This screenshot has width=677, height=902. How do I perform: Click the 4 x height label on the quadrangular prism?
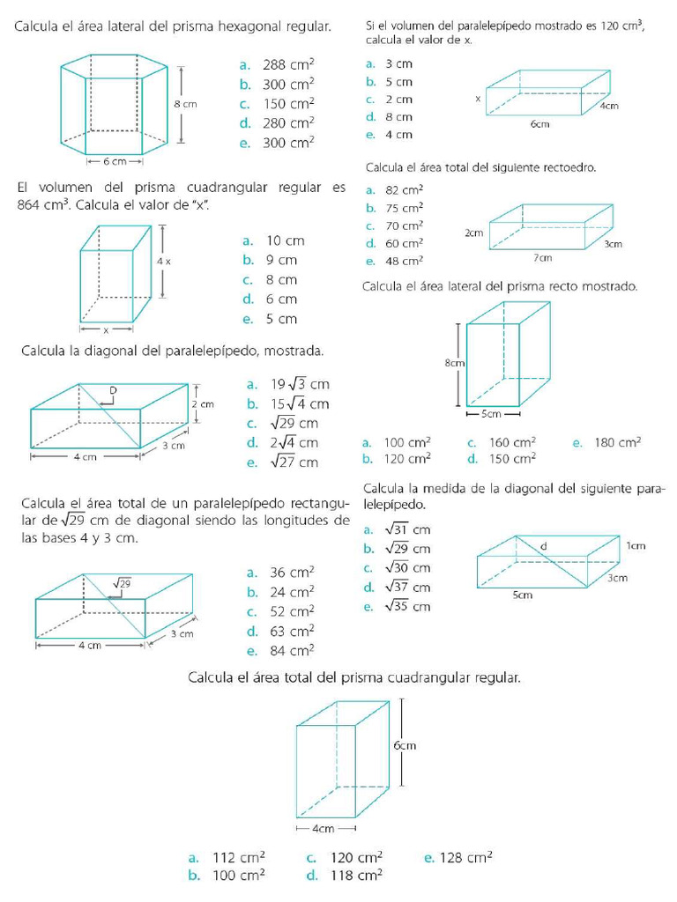[164, 262]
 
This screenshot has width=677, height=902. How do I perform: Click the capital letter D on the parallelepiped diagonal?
[113, 389]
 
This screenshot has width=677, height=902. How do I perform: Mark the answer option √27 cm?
[290, 462]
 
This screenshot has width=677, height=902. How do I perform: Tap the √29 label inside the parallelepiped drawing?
[123, 583]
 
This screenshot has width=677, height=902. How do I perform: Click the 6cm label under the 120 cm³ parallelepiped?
[539, 124]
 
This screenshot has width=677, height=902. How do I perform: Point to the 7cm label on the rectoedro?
[542, 257]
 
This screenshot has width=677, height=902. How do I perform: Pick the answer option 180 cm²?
[618, 443]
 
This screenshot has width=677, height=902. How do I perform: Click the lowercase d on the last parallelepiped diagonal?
[543, 547]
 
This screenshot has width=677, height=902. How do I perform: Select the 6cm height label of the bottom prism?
[405, 745]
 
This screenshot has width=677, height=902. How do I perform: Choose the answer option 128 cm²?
[468, 857]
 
